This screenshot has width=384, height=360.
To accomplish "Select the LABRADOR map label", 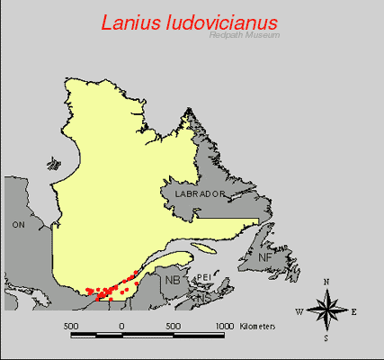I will pyautogui.click(x=192, y=193).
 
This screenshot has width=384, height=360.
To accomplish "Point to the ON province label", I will pyautogui.click(x=18, y=224).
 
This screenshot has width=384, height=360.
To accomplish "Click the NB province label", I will pyautogui.click(x=172, y=280).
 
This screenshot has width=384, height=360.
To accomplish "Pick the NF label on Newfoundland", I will pyautogui.click(x=265, y=258).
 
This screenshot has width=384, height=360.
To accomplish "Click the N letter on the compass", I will pyautogui.click(x=326, y=283).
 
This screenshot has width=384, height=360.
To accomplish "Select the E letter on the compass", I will pyautogui.click(x=354, y=312).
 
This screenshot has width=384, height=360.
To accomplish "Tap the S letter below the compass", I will pyautogui.click(x=326, y=339).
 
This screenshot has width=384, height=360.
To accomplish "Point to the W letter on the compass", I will pyautogui.click(x=299, y=312).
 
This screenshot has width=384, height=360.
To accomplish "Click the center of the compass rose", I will pyautogui.click(x=326, y=311).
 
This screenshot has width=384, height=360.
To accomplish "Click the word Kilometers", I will pyautogui.click(x=258, y=324).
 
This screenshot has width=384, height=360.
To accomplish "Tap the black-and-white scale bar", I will pyautogui.click(x=147, y=335).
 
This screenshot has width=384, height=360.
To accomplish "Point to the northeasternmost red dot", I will pyautogui.click(x=137, y=272).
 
